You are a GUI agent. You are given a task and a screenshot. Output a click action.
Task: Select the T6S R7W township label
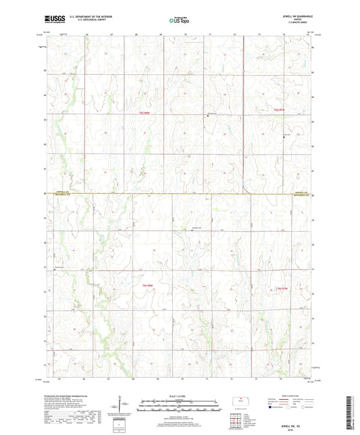tap(283, 289)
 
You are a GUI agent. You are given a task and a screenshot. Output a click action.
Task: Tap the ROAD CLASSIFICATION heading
tap(286, 396)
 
